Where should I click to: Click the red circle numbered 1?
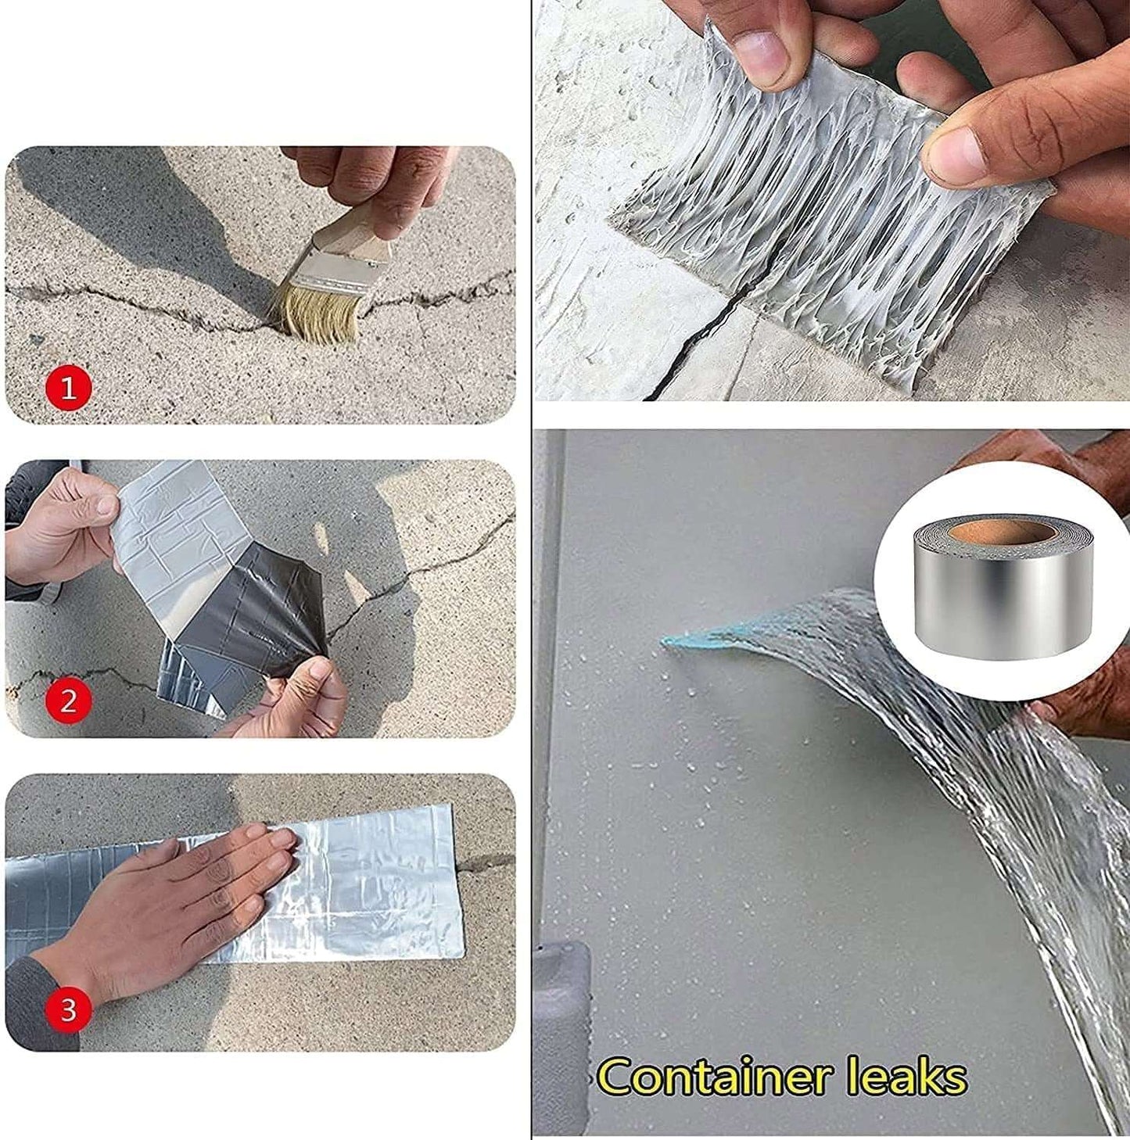click(x=69, y=388)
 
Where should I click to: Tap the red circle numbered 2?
click(x=69, y=701)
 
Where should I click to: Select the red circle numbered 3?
click(x=69, y=1009)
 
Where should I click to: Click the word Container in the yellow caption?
click(x=712, y=1077)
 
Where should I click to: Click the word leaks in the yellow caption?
click(x=906, y=1077)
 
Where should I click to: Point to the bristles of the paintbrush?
click(x=317, y=314)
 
